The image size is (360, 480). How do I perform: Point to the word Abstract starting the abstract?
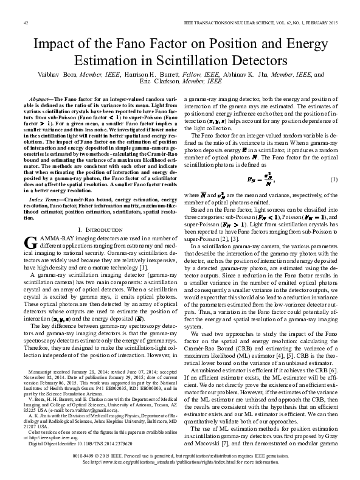point(40,98)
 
